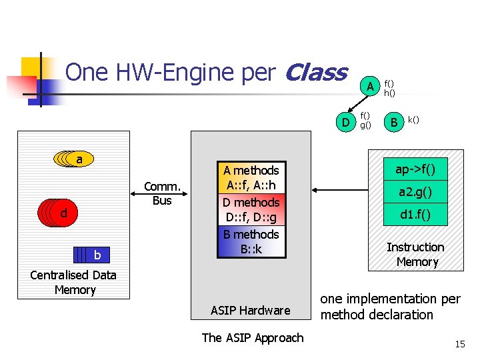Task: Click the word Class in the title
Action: [x=315, y=72]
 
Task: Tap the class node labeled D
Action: [x=345, y=122]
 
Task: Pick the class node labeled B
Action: [x=394, y=122]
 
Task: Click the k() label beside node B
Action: [x=413, y=119]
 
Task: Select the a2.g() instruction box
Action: [x=415, y=192]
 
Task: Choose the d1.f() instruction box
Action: [x=415, y=215]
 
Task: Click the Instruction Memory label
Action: [x=415, y=255]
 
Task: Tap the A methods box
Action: [x=251, y=178]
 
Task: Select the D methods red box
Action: [x=251, y=210]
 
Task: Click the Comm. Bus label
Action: [x=162, y=194]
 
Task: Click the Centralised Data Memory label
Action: [x=73, y=282]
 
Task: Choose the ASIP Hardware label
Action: [x=250, y=310]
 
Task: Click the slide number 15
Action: [x=459, y=344]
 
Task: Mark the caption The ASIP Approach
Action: [x=252, y=337]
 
